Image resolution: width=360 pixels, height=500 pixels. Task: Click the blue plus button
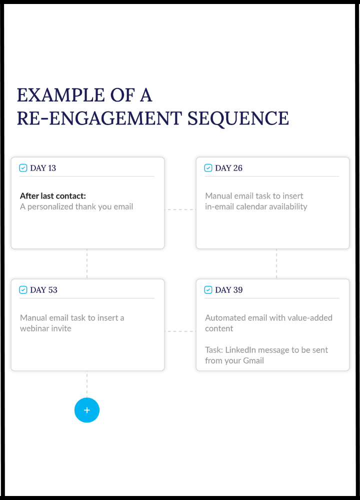86,410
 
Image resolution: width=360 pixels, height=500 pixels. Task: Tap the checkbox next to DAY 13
23,168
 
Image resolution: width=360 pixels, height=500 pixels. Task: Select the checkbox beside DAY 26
208,168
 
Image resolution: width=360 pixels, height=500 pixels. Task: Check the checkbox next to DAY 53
23,290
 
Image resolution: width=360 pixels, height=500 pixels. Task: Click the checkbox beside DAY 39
208,290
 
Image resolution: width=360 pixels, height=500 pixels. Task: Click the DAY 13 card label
43,168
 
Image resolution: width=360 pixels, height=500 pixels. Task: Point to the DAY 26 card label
228,168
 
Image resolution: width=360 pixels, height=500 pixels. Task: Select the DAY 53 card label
43,290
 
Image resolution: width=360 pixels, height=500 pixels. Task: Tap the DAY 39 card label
228,290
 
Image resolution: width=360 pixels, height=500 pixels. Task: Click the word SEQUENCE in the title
238,118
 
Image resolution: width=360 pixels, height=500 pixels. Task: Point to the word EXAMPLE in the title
60,95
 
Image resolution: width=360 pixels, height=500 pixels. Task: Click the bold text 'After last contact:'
53,196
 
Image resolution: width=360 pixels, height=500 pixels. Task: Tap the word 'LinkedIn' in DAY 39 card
240,350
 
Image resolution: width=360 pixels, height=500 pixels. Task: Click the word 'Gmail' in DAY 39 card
253,360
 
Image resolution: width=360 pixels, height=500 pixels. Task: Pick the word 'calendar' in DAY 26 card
251,206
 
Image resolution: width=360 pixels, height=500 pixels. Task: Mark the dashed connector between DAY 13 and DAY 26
180,209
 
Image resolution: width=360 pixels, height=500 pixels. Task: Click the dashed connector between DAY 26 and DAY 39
276,264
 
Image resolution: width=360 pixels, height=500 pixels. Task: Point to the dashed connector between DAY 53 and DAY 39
180,331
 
